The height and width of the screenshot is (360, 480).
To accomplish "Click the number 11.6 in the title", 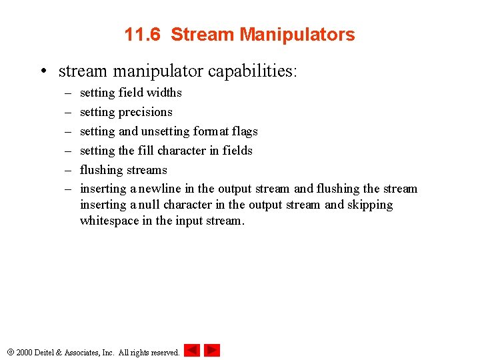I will [142, 35].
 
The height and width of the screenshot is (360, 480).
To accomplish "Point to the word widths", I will [165, 93].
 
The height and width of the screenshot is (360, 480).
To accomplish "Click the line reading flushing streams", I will [123, 170].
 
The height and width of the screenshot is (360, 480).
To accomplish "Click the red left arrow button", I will [192, 350].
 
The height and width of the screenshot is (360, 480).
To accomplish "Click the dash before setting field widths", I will [65, 93].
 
